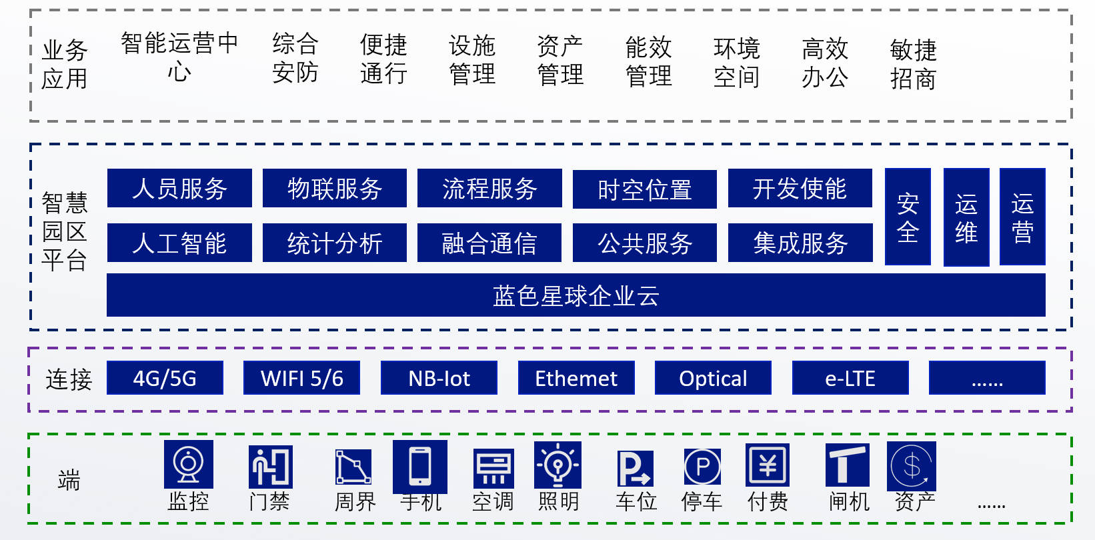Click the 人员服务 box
pyautogui.click(x=179, y=189)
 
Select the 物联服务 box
pyautogui.click(x=335, y=189)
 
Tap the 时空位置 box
pyautogui.click(x=645, y=189)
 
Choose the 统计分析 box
pyautogui.click(x=335, y=243)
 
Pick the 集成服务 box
pyautogui.click(x=800, y=243)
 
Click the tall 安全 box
pyautogui.click(x=908, y=217)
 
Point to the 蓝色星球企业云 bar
pyautogui.click(x=576, y=295)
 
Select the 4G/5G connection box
pyautogui.click(x=165, y=378)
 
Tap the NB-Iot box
pyautogui.click(x=439, y=378)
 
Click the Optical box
pyautogui.click(x=713, y=378)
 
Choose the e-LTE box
pyautogui.click(x=850, y=378)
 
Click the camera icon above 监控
pyautogui.click(x=189, y=464)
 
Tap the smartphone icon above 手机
pyautogui.click(x=420, y=466)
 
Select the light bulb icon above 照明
pyautogui.click(x=558, y=465)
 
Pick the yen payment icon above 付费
pyautogui.click(x=768, y=465)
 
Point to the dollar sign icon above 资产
pyautogui.click(x=912, y=465)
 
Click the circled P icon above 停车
pyautogui.click(x=702, y=467)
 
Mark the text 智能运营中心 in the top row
pyautogui.click(x=179, y=57)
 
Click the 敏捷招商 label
pyautogui.click(x=913, y=64)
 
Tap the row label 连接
pyautogui.click(x=69, y=379)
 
